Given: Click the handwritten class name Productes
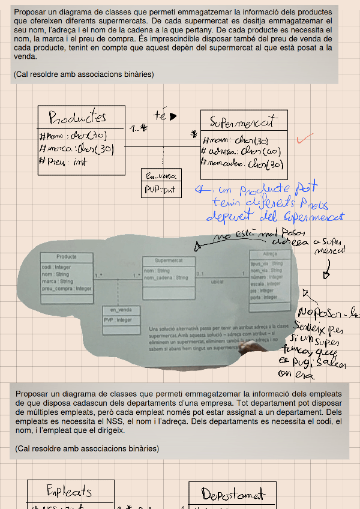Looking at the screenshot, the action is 77,117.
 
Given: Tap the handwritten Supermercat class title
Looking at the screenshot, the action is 242,122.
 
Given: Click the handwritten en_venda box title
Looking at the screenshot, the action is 161,176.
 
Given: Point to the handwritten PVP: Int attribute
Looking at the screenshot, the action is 160,190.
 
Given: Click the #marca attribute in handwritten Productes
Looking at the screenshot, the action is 76,148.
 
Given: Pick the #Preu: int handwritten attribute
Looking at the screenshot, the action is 63,161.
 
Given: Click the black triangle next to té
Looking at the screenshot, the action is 173,116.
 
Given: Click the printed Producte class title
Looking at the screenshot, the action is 67,258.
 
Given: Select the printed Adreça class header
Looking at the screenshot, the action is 269,254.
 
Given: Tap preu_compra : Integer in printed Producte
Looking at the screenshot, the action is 67,289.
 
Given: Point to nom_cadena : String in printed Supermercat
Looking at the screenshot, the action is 166,278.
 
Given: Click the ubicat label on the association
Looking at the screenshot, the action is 217,281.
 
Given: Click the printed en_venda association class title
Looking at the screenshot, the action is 121,310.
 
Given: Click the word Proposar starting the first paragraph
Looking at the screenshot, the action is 31,12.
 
